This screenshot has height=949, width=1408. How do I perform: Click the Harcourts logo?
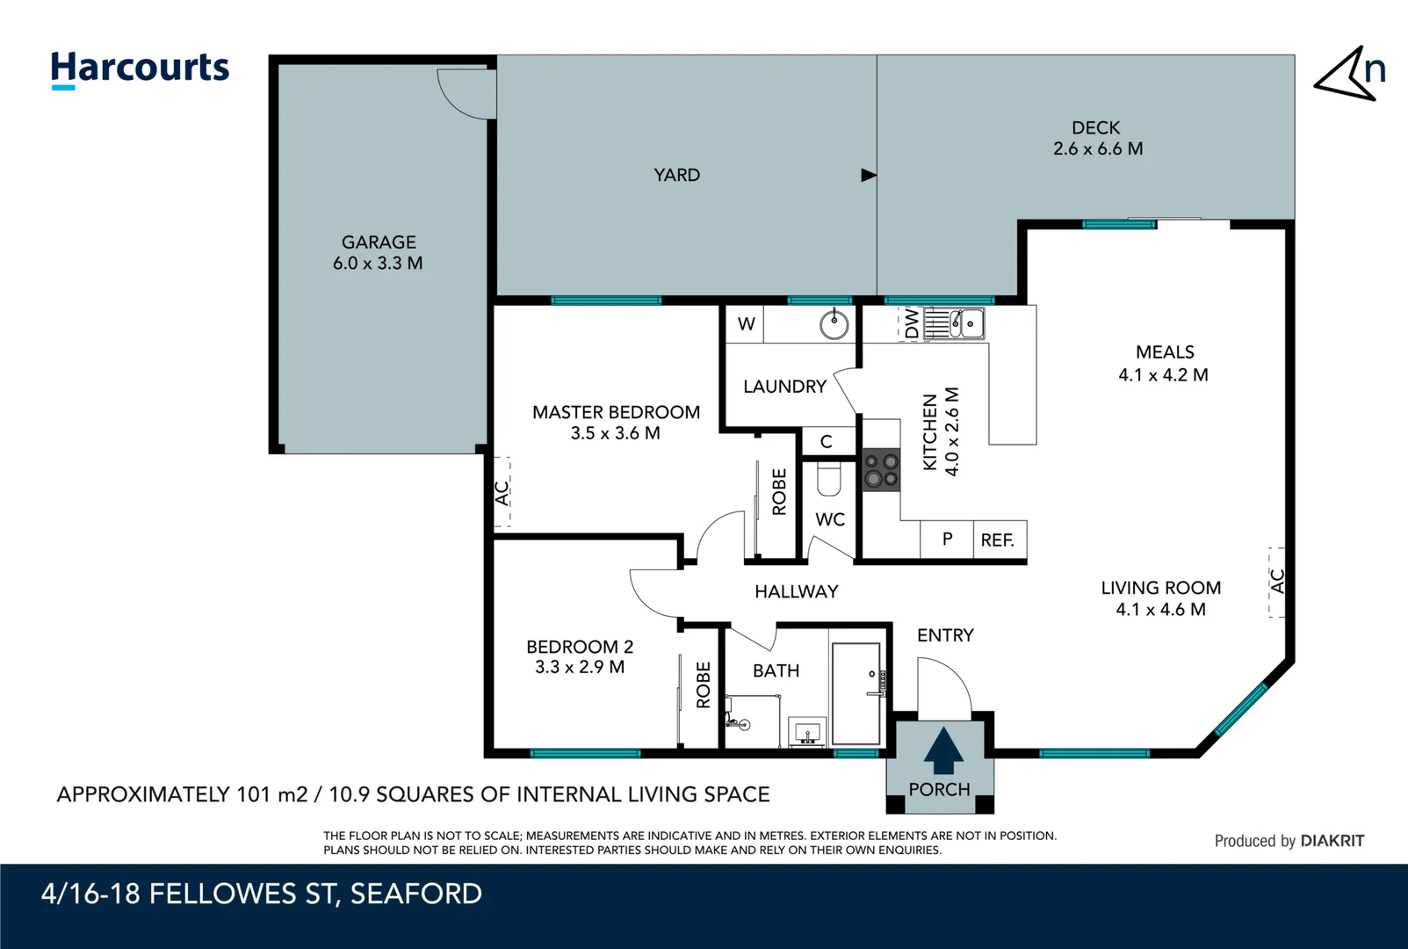140,69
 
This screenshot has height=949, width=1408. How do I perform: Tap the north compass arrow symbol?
1348,75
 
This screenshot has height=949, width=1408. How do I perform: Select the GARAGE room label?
379,243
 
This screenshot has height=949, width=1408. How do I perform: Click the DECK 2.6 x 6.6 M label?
1097,138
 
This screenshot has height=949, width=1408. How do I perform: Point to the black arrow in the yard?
868,175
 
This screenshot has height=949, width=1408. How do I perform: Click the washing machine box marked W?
746,324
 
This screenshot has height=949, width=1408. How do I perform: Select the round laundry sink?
834,324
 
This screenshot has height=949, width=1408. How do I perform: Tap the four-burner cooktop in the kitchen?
881,469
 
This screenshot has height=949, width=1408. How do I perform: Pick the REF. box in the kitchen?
999,540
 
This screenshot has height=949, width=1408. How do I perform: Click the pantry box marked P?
947,540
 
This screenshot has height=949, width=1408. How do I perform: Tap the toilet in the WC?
828,480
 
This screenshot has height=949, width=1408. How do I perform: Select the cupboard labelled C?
827,441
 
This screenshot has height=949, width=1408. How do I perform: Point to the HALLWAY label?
796,591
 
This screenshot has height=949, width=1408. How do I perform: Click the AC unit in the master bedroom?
502,492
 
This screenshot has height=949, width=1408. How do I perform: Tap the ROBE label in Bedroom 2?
703,685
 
